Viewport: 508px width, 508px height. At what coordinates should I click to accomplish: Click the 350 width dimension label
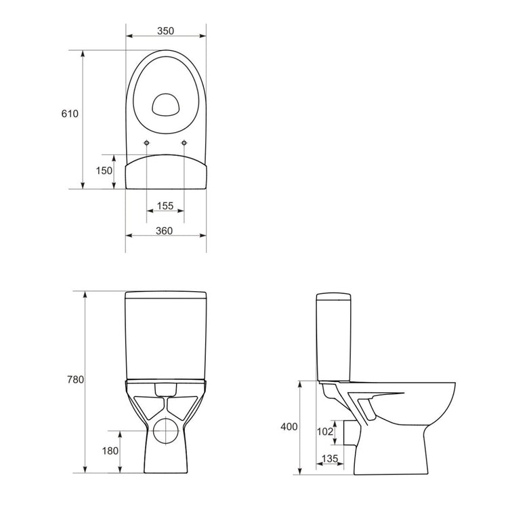click(166, 30)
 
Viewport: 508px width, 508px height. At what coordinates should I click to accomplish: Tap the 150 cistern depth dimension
click(103, 171)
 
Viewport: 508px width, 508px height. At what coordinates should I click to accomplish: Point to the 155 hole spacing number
click(165, 206)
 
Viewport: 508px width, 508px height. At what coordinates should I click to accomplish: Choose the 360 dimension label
click(164, 231)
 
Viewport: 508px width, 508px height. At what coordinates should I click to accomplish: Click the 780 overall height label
click(75, 380)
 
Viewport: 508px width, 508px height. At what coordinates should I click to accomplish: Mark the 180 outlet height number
click(110, 451)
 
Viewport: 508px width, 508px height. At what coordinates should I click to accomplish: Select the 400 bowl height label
click(289, 427)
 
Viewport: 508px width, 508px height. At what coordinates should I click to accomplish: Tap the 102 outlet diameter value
click(325, 431)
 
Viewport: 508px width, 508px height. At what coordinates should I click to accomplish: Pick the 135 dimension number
click(330, 459)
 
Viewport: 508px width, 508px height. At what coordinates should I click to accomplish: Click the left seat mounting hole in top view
click(147, 142)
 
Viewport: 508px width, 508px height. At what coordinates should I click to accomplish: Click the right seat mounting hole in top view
click(184, 142)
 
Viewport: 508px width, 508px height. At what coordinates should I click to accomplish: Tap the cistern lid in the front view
click(166, 295)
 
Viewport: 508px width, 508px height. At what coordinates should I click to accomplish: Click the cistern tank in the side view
click(334, 335)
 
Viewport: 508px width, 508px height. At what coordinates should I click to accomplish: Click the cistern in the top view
click(166, 173)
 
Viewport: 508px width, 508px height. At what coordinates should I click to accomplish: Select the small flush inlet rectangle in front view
click(165, 389)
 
